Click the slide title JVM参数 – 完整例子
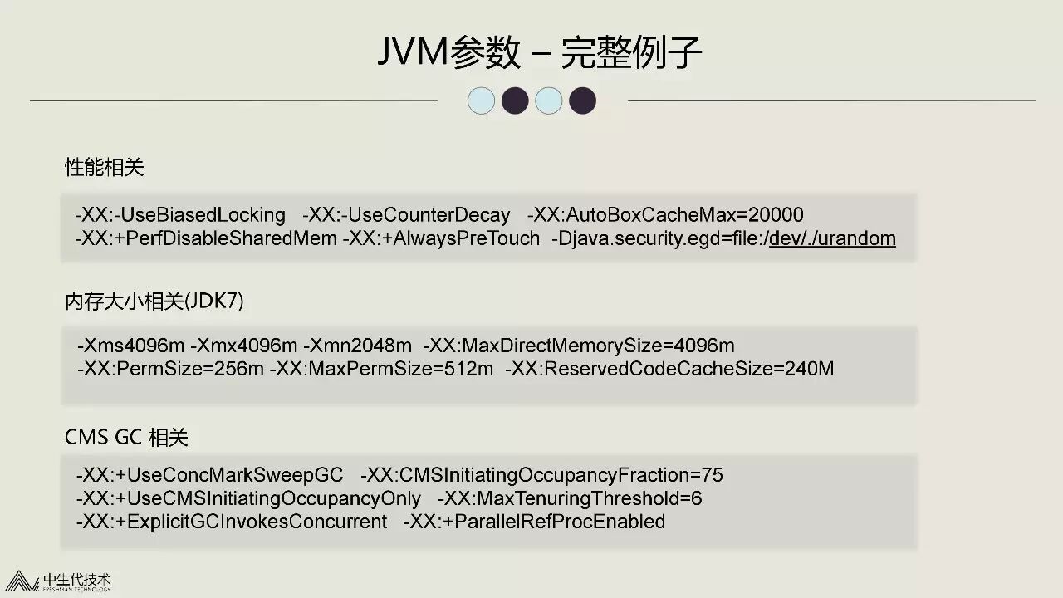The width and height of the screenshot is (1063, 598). [x=540, y=52]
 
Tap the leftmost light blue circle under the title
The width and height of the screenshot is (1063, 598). [x=482, y=100]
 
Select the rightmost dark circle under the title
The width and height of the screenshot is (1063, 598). [x=582, y=100]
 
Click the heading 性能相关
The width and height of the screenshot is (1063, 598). [x=105, y=167]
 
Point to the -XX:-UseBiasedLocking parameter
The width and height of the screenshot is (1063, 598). [x=180, y=215]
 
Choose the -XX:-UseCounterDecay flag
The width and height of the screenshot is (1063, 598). [x=406, y=215]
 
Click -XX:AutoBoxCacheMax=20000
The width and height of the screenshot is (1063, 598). [x=665, y=215]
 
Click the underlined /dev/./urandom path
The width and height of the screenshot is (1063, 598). [x=832, y=239]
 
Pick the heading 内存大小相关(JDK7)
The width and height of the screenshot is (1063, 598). [x=154, y=301]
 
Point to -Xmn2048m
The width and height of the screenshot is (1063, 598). [x=357, y=346]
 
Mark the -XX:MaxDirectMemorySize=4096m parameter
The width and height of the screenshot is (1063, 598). [x=579, y=346]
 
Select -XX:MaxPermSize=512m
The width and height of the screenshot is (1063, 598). [x=381, y=368]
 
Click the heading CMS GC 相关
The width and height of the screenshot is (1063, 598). [x=126, y=437]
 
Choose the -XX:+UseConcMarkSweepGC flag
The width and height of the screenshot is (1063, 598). [x=209, y=475]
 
